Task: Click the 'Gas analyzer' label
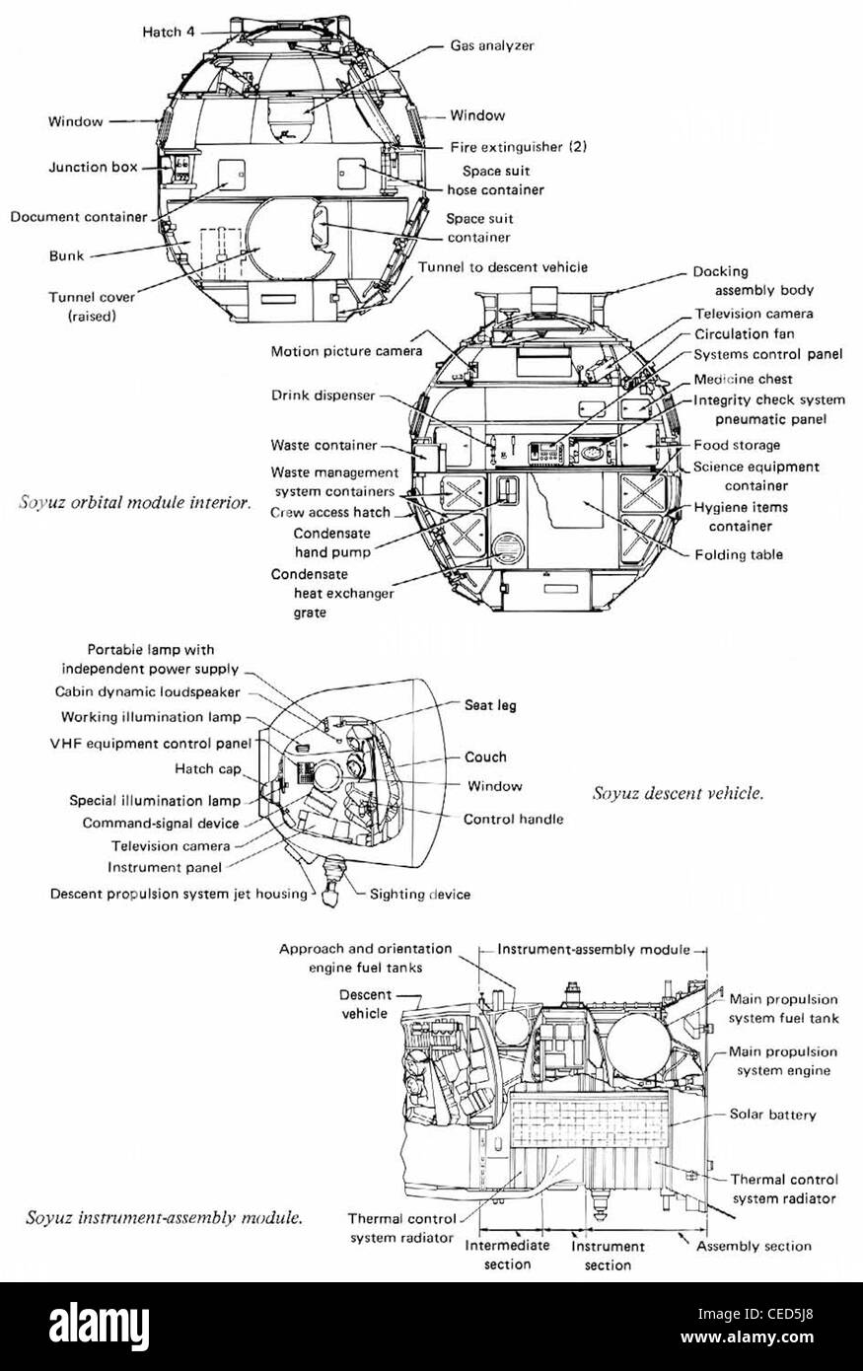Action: [492, 45]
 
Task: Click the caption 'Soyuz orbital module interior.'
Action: [135, 502]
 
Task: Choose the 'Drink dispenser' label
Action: [323, 396]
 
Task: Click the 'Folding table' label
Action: [739, 554]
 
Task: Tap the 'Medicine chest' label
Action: [743, 379]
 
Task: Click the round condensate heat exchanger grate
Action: [506, 548]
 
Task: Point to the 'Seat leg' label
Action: [490, 705]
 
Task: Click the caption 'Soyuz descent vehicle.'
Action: [678, 792]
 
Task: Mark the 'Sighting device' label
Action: [419, 895]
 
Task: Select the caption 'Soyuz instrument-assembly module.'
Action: [164, 1219]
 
